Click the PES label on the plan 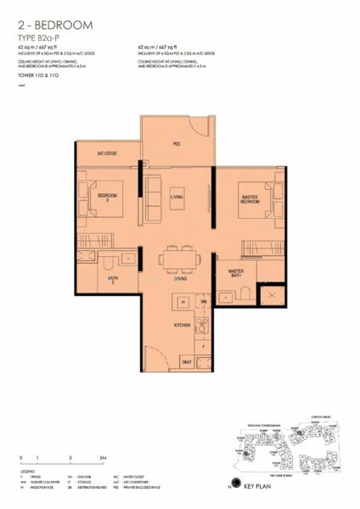pyautogui.click(x=177, y=144)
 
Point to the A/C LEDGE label pyautogui.click(x=106, y=153)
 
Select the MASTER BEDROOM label pyautogui.click(x=250, y=200)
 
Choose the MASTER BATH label pyautogui.click(x=237, y=274)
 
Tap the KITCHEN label pyautogui.click(x=182, y=325)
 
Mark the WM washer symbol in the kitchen pyautogui.click(x=204, y=301)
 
